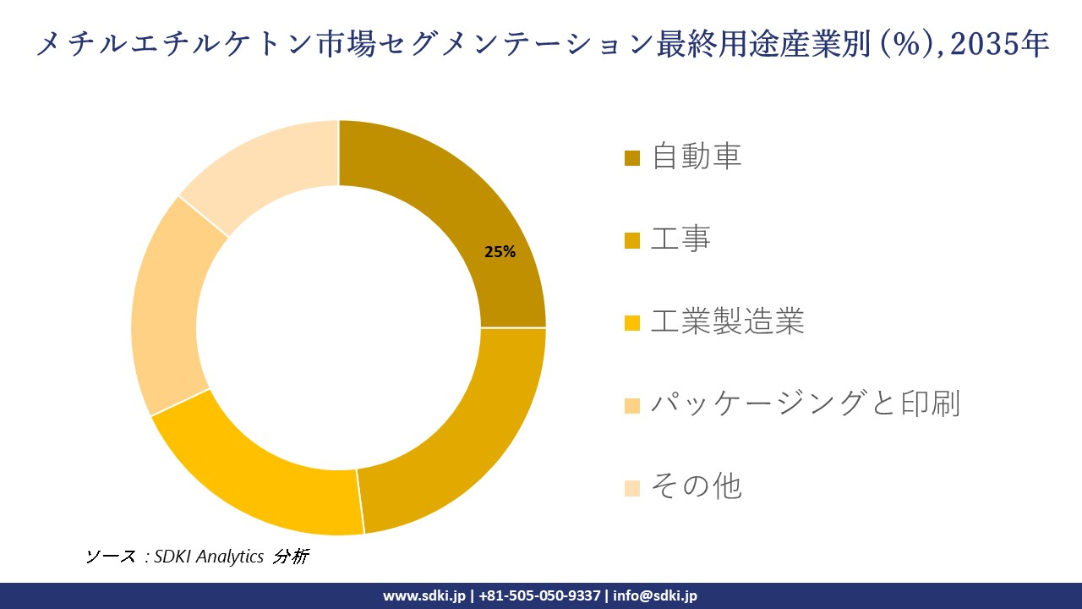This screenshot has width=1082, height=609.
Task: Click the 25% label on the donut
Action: tap(500, 251)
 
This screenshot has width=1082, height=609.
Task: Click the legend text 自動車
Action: tap(696, 157)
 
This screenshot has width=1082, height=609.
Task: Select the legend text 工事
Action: tap(680, 239)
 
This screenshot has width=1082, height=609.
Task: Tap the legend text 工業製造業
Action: tap(727, 321)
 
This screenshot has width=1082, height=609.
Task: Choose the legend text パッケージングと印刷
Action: tap(805, 403)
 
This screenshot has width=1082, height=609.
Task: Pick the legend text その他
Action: tap(696, 486)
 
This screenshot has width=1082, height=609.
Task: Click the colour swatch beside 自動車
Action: tap(632, 158)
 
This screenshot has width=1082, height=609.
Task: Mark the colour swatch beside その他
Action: tap(632, 487)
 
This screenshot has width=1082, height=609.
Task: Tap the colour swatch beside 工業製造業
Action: tap(632, 322)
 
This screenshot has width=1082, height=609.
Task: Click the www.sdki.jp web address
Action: tap(424, 595)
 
